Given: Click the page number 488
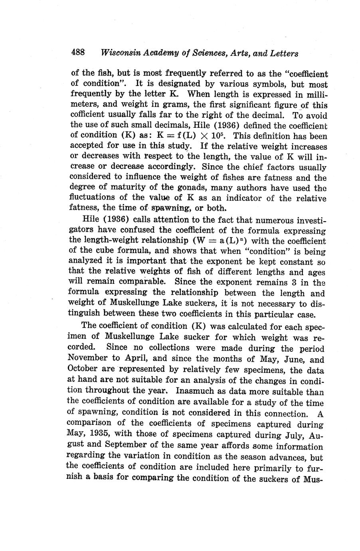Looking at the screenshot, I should point(78,52).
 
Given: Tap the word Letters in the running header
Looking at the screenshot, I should point(284,53).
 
